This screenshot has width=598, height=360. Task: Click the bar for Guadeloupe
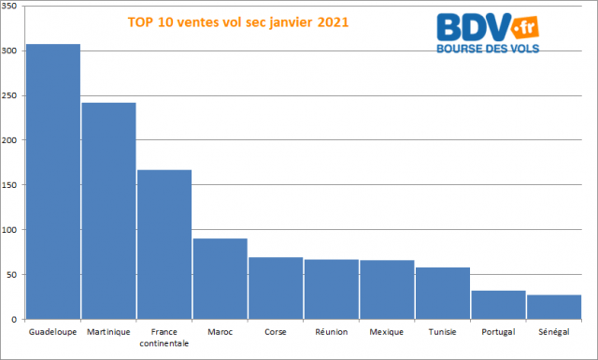click(x=52, y=182)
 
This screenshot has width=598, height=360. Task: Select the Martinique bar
click(x=108, y=211)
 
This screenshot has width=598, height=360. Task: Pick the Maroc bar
click(x=220, y=280)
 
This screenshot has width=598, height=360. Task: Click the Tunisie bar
click(x=443, y=294)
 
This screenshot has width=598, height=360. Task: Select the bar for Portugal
click(x=498, y=306)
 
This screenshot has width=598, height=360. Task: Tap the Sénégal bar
click(x=554, y=308)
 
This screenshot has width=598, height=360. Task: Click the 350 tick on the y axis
click(x=10, y=6)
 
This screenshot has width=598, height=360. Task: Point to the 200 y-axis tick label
click(x=10, y=140)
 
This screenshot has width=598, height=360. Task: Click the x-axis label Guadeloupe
click(x=53, y=332)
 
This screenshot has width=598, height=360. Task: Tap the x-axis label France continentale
click(x=164, y=338)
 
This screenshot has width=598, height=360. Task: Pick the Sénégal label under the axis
click(x=554, y=332)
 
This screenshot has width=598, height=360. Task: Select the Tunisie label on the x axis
click(x=443, y=332)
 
